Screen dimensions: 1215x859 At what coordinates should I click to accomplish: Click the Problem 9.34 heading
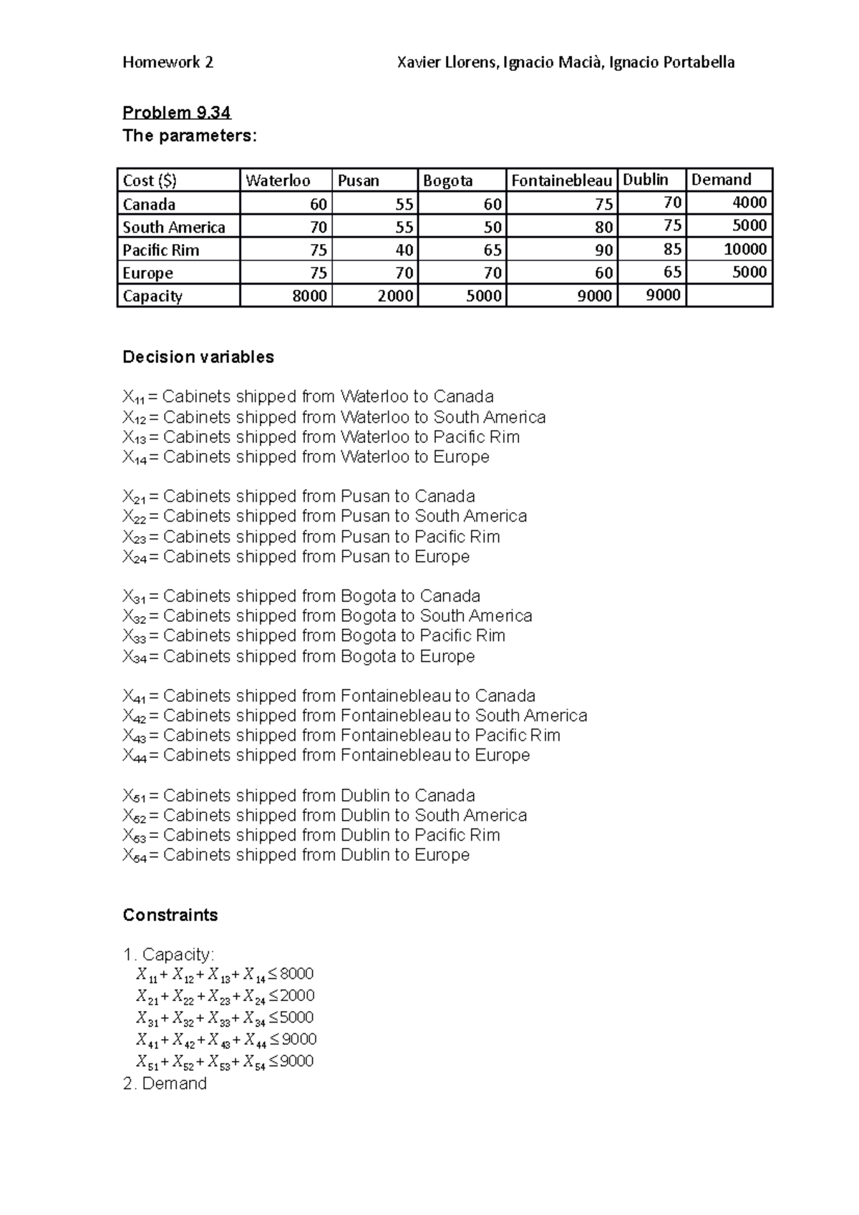[x=176, y=112]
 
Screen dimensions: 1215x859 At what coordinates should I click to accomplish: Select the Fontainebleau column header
[x=561, y=180]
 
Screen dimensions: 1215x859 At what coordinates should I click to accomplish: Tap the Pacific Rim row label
[x=161, y=250]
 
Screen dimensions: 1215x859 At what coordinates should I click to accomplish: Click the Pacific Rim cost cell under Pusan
[x=374, y=250]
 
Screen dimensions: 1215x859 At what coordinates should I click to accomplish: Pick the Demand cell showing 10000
[x=729, y=249]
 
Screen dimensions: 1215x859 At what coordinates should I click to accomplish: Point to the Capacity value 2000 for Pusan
[x=374, y=296]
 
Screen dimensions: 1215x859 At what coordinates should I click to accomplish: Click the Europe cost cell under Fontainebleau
[x=561, y=273]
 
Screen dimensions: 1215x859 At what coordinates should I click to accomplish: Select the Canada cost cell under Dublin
[x=651, y=202]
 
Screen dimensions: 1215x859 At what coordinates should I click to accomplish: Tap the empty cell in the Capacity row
[x=729, y=296]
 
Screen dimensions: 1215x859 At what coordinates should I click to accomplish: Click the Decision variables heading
[x=198, y=357]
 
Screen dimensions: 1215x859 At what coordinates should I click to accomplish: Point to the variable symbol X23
[x=133, y=537]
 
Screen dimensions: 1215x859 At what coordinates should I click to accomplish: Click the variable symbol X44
[x=133, y=756]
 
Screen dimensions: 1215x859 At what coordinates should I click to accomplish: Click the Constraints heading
[x=170, y=915]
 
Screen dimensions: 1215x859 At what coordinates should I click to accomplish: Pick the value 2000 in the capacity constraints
[x=297, y=995]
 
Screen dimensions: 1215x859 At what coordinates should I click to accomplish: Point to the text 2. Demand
[x=165, y=1083]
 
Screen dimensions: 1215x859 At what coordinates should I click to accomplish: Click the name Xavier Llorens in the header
[x=447, y=62]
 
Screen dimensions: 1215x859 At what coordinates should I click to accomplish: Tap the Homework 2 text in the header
[x=168, y=62]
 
